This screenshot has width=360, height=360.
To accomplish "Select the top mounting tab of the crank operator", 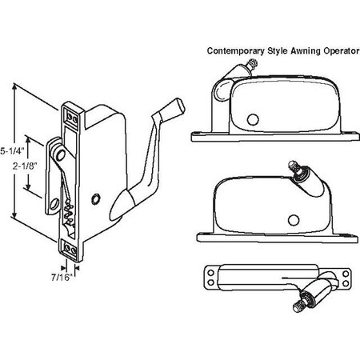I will click(74, 116).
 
